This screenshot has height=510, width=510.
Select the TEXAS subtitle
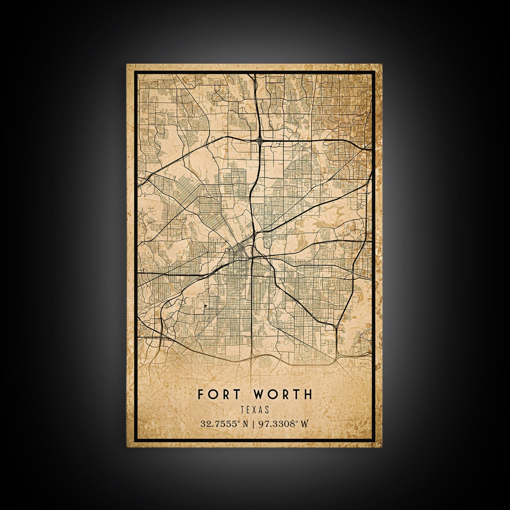pos(255,410)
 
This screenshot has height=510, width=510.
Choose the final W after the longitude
pos(304,424)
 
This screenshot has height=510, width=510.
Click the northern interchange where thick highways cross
pos(260,140)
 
